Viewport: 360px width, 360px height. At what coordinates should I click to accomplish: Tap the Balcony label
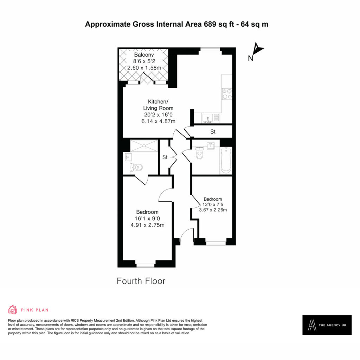pyautogui.click(x=144, y=55)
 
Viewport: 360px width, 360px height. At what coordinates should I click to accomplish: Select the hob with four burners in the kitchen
pyautogui.click(x=227, y=94)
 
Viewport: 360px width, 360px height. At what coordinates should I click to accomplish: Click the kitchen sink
pyautogui.click(x=208, y=118)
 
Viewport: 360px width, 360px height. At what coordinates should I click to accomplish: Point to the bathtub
pyautogui.click(x=226, y=161)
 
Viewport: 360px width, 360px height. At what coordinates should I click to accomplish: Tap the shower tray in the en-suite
pyautogui.click(x=144, y=146)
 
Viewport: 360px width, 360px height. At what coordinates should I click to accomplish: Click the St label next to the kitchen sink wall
pyautogui.click(x=213, y=131)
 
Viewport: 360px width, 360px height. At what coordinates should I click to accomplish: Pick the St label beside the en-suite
pyautogui.click(x=165, y=157)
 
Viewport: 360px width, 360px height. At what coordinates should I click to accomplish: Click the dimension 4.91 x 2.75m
pyautogui.click(x=147, y=225)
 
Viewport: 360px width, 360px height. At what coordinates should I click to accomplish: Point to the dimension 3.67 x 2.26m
pyautogui.click(x=213, y=210)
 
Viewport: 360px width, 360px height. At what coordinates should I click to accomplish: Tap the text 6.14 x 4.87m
pyautogui.click(x=158, y=121)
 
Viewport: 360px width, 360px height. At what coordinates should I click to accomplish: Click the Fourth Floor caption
pyautogui.click(x=141, y=281)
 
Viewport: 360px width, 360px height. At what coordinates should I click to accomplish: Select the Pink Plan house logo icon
pyautogui.click(x=13, y=310)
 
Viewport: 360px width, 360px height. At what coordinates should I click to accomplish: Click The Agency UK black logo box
pyautogui.click(x=327, y=325)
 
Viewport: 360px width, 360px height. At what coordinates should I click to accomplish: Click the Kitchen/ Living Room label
pyautogui.click(x=158, y=105)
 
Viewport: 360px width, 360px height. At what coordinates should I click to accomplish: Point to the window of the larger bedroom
pyautogui.click(x=146, y=265)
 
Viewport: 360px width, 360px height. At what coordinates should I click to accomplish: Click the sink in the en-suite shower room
pyautogui.click(x=128, y=157)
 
